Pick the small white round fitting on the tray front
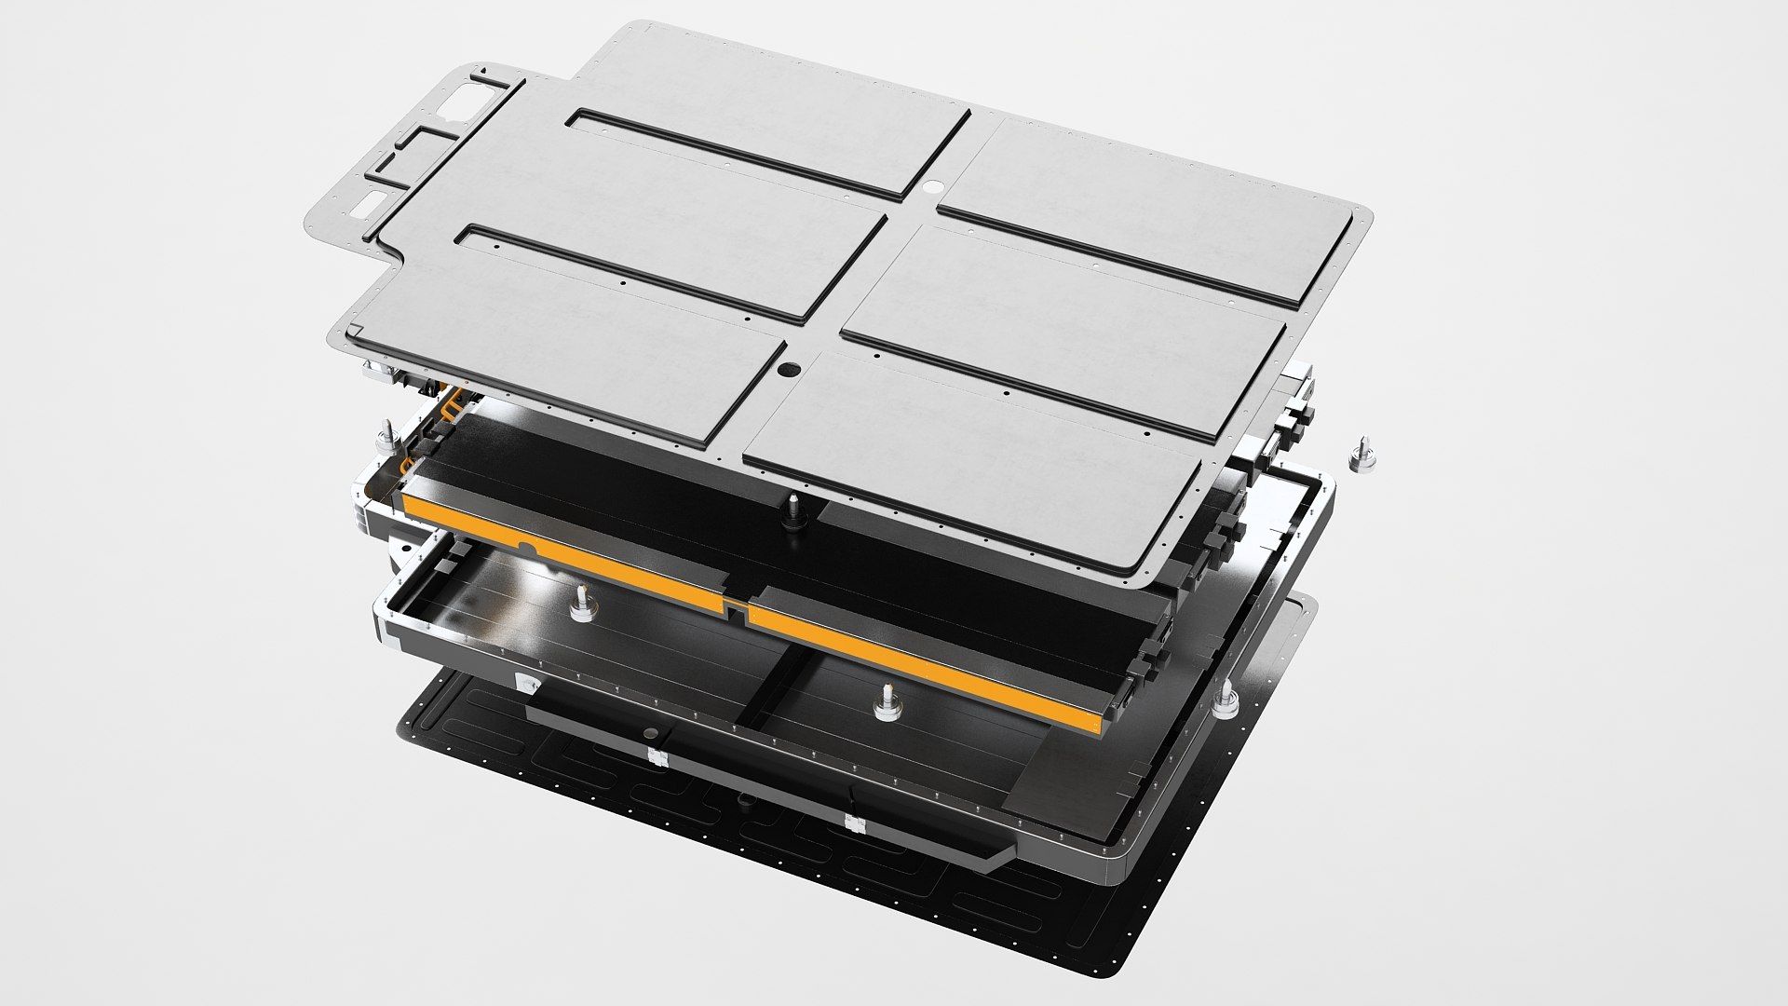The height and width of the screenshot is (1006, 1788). pyautogui.click(x=528, y=685)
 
